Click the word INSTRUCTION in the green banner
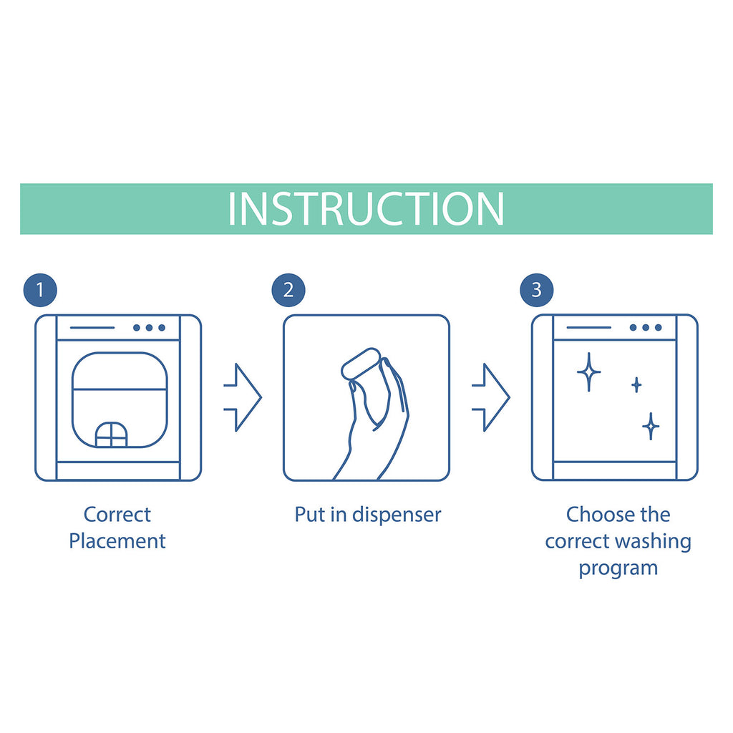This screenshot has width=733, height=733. [x=366, y=208]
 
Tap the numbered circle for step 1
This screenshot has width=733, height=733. [x=40, y=291]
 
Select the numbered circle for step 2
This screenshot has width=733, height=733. [x=288, y=291]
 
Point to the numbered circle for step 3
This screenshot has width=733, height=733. [x=537, y=291]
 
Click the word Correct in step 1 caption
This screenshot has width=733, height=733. [x=117, y=515]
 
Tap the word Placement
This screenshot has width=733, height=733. [x=117, y=541]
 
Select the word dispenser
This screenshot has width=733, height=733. [x=397, y=515]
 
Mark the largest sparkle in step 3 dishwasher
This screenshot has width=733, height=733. [x=588, y=372]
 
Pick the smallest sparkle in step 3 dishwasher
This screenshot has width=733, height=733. [x=636, y=384]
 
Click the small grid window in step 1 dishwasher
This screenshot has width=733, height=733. [x=111, y=435]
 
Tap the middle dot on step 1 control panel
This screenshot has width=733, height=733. [x=149, y=328]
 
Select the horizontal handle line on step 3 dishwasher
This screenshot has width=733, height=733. [x=588, y=328]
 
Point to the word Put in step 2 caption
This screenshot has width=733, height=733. [x=310, y=515]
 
